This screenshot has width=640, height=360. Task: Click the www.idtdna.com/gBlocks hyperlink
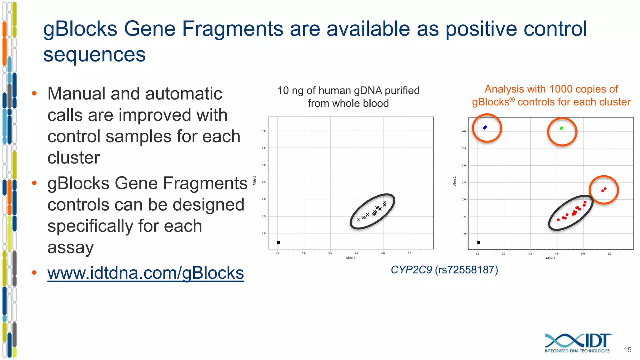click(x=145, y=273)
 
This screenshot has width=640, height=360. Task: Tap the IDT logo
click(x=577, y=343)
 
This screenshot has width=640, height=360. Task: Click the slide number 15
click(x=627, y=350)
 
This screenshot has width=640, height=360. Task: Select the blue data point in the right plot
click(x=485, y=127)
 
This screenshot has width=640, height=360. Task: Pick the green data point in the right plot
click(x=561, y=128)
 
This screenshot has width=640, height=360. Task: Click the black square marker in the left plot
click(x=278, y=242)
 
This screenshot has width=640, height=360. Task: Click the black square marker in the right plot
click(x=478, y=242)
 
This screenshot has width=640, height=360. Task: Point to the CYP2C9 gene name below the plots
click(x=411, y=270)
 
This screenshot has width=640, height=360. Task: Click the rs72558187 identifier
click(x=466, y=270)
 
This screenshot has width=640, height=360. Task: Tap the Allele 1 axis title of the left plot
click(x=350, y=258)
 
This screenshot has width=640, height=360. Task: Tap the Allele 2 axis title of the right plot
click(x=455, y=181)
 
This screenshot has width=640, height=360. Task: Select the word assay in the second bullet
click(x=71, y=247)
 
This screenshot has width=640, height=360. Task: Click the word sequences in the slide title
click(x=94, y=54)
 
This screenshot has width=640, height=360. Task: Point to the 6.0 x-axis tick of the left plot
click(x=409, y=253)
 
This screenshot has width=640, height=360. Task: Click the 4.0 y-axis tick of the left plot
click(x=264, y=131)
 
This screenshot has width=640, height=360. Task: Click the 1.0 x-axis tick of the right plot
click(x=477, y=254)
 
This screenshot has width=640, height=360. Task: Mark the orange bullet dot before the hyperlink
click(x=34, y=273)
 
